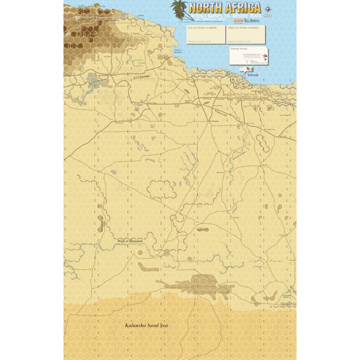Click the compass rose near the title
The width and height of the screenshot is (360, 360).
[x=269, y=7]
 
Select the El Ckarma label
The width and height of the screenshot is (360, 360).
[x=141, y=78]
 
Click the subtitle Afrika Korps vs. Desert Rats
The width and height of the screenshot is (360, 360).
[x=225, y=15]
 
